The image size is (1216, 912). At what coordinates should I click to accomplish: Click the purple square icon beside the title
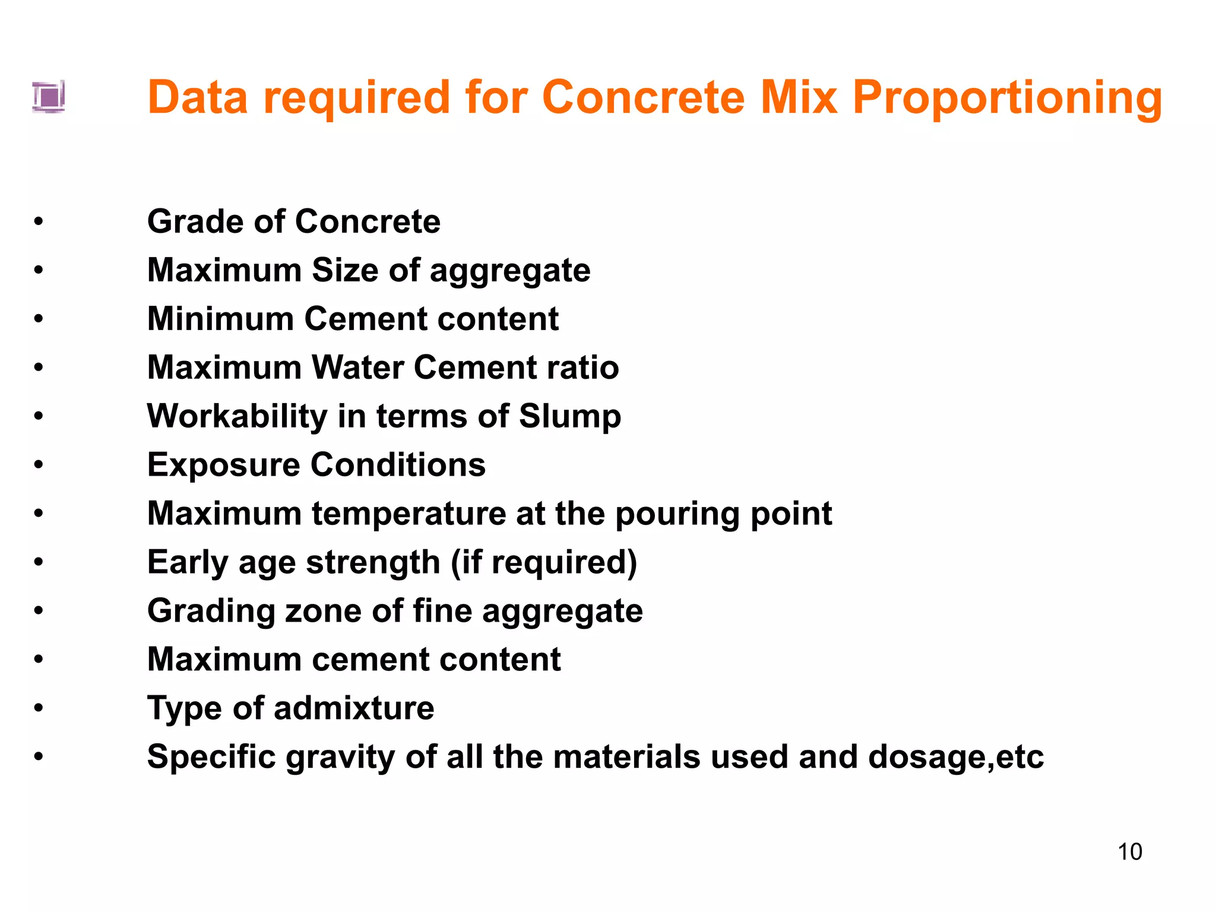pos(49,96)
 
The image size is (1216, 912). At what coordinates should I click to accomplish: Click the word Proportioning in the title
pos(1007,99)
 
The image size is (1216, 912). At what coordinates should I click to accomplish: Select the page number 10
pos(1129,852)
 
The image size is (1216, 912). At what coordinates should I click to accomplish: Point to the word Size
pos(345,271)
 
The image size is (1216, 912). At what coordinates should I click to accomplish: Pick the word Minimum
pos(220,319)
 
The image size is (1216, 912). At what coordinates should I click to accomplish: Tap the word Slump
pos(569,417)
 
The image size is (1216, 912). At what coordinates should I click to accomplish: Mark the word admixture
pos(354,709)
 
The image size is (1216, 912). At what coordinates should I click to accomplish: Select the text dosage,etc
pos(955,758)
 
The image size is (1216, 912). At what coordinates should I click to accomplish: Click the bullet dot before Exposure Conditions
pos(39,465)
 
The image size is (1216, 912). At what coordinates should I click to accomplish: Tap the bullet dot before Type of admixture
pos(39,708)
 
